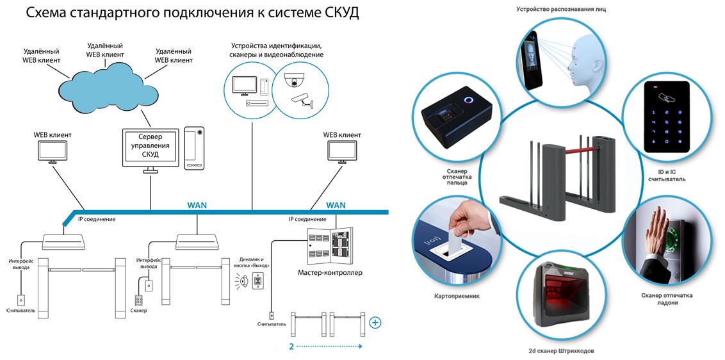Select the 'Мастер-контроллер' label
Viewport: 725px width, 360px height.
coord(330,272)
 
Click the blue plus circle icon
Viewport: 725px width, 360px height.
coord(375,322)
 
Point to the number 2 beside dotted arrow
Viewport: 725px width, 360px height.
coord(291,347)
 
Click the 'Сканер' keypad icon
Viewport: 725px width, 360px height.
coord(138,299)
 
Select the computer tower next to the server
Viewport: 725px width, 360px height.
coord(194,147)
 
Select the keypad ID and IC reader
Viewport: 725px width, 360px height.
coord(666,116)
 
